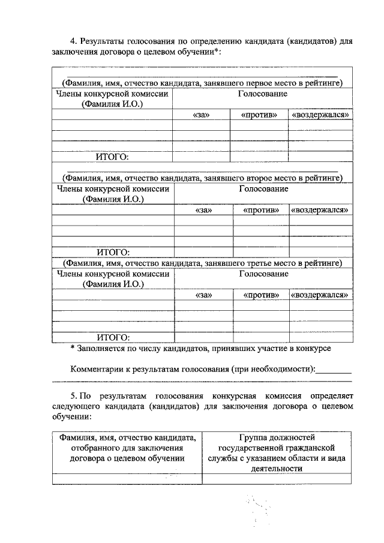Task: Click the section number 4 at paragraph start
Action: click(74, 41)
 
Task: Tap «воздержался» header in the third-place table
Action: click(320, 295)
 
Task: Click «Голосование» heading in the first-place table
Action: click(263, 94)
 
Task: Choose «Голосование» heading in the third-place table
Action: click(263, 274)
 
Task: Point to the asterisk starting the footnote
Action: click(72, 348)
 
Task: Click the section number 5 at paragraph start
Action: click(73, 397)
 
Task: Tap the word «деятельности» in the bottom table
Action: click(276, 469)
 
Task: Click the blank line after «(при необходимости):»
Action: click(333, 371)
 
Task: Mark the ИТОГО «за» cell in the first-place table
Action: click(202, 157)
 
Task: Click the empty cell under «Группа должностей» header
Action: click(276, 479)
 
